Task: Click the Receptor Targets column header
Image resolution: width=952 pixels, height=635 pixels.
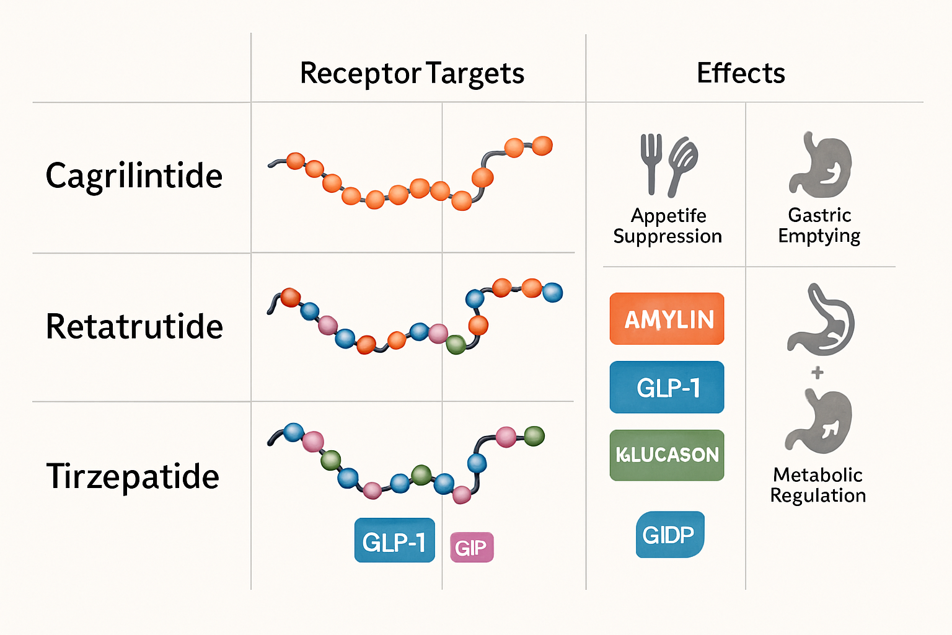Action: point(412,73)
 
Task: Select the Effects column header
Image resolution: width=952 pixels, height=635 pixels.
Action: point(741,73)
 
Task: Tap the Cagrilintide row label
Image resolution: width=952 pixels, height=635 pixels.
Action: point(134,175)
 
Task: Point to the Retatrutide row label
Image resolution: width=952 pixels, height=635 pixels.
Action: point(134,326)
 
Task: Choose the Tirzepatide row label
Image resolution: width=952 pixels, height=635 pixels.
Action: point(133,476)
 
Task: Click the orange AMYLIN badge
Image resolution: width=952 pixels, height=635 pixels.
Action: point(667,319)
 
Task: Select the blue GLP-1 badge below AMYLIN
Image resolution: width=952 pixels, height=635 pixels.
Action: point(667,388)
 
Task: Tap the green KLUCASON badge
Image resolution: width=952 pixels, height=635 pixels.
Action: point(667,455)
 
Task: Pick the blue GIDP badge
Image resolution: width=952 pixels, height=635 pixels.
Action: point(669,535)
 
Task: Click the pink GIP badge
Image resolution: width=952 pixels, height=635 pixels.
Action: point(472,547)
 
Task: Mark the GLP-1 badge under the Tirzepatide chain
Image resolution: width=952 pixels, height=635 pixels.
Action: point(394,541)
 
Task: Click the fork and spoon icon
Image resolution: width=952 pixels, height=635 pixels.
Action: point(668,164)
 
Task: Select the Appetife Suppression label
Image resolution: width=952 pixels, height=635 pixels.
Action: point(668,226)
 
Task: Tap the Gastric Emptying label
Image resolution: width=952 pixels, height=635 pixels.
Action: point(819,226)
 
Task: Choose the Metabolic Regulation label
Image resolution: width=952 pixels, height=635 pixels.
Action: point(818,485)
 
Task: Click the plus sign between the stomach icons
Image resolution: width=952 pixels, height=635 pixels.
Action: point(818,372)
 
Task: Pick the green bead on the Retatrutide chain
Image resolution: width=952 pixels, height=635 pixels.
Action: point(456,344)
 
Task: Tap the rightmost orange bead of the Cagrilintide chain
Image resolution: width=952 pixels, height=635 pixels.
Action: point(542,146)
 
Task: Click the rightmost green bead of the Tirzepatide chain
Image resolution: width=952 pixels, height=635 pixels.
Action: point(534,436)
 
